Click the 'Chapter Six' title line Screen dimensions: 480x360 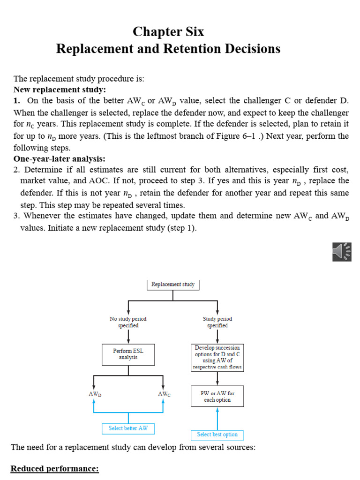(168, 32)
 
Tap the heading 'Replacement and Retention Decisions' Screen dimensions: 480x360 (168, 49)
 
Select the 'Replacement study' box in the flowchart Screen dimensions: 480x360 (173, 285)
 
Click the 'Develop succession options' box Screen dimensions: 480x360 (217, 358)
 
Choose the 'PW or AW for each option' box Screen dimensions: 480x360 (217, 397)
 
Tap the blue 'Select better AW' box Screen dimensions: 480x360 (128, 428)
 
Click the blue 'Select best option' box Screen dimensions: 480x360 (217, 435)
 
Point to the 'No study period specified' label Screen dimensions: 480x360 (128, 322)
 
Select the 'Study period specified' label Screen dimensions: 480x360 (217, 322)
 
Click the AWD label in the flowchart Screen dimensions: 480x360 (95, 394)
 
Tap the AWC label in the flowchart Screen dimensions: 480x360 (164, 394)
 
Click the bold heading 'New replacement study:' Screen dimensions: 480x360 (60, 90)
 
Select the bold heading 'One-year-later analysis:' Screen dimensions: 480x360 (60, 159)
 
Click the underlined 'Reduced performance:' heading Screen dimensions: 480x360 (55, 469)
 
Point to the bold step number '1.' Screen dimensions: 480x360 (17, 101)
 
